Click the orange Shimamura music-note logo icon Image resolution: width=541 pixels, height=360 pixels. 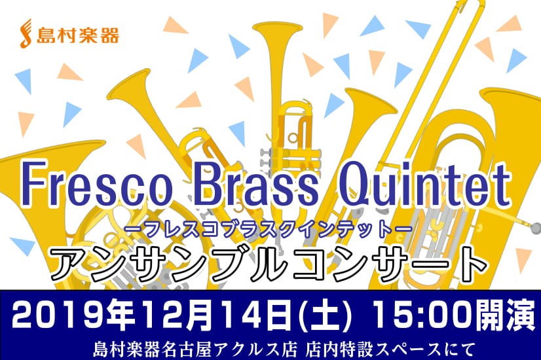point(28,33)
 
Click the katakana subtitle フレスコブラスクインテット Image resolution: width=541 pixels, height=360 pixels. point(269,229)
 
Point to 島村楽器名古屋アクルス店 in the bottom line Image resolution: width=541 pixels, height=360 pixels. point(195,350)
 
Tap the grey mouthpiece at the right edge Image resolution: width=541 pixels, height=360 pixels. point(536,228)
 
